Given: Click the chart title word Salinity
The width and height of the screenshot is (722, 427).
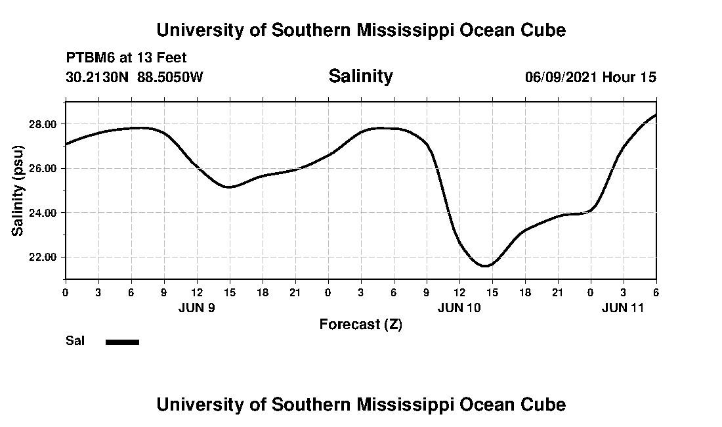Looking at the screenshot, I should point(360,76).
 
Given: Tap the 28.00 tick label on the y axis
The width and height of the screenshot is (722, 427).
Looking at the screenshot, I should point(45,124).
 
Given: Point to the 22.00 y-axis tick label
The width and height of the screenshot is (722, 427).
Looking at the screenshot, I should point(45,258).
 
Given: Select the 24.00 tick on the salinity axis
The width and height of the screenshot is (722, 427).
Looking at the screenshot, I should point(45,213).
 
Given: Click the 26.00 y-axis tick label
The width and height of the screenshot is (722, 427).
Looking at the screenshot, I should point(45,169).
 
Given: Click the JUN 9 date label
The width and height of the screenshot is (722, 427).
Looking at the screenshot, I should point(197,307).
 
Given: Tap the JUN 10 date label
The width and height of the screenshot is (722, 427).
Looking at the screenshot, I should point(459,307).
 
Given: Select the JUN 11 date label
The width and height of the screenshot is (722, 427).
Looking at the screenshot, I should point(623,307).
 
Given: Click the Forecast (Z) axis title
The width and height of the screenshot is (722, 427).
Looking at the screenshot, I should point(360,325).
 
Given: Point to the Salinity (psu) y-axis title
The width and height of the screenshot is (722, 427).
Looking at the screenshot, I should point(18,191).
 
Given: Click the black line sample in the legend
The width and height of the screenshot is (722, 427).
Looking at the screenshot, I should point(122,342).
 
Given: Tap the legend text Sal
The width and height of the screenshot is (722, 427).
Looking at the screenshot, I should point(75,341).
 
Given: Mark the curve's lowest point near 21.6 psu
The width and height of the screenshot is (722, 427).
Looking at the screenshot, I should point(485,266).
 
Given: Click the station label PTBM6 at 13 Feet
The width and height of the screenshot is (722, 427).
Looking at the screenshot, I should point(127,58).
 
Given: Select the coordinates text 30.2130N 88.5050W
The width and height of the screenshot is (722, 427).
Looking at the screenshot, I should point(135,77).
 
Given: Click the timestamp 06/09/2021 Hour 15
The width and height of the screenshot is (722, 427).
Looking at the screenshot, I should point(590,77).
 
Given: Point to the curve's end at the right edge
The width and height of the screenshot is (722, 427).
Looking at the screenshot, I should point(656,115).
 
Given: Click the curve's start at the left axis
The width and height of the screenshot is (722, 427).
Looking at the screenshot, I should point(66,144).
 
